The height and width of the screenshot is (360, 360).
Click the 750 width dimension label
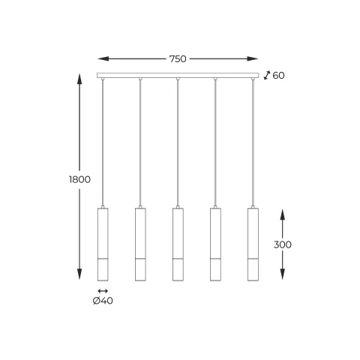[178, 58]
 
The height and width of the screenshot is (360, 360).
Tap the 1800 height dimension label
[79, 179]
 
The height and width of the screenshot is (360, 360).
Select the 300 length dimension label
[283, 244]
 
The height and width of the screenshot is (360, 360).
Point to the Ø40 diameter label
[103, 301]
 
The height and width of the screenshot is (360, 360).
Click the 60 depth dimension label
[278, 75]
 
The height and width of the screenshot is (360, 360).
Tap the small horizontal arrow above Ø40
[103, 290]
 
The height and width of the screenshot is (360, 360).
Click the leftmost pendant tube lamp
[103, 243]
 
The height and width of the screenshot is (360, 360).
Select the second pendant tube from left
[140, 243]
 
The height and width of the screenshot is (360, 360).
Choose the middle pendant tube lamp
[178, 243]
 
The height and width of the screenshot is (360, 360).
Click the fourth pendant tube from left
[215, 243]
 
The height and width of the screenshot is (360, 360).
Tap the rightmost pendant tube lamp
[253, 243]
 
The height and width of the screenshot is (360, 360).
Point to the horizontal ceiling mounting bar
[178, 75]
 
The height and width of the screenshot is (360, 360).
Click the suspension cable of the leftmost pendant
[103, 142]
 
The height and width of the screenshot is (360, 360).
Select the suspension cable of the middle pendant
[178, 142]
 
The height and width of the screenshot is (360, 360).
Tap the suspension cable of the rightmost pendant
[253, 142]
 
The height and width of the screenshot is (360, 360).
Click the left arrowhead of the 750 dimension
[102, 58]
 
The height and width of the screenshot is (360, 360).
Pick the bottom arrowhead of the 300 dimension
[283, 277]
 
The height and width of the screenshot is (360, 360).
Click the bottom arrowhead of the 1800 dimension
[79, 277]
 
